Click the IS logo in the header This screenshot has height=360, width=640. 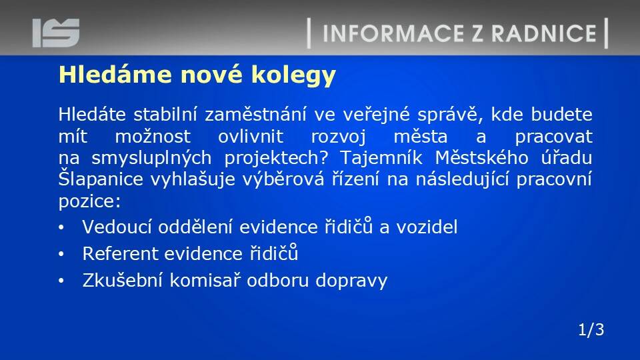coord(56,33)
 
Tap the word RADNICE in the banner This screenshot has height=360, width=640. coord(544,33)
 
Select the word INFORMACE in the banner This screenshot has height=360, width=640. coord(393,33)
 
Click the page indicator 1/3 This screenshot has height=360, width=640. coord(591,329)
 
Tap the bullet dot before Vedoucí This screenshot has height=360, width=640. coord(61,228)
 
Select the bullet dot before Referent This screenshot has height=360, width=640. coord(61,254)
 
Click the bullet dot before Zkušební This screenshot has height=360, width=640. coord(61,281)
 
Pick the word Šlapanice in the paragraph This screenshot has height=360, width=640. coord(101,179)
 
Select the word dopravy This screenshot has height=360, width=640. coord(351,281)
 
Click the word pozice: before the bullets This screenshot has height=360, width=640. coord(90,201)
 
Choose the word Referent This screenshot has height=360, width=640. coord(120,253)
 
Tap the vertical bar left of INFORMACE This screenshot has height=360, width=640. coord(309,33)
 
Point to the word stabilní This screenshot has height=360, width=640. coord(165,114)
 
